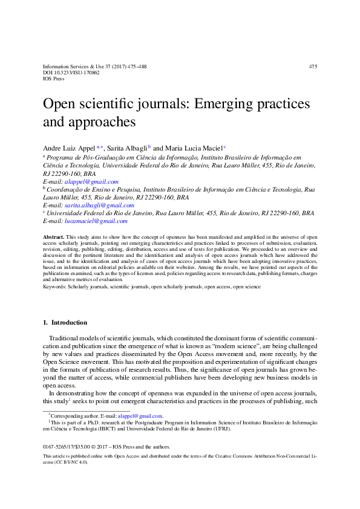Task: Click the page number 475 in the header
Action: tap(312, 66)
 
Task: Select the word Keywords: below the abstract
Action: tap(56, 287)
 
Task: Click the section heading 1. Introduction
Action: tap(65, 323)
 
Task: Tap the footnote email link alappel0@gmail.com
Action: tap(140, 416)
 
